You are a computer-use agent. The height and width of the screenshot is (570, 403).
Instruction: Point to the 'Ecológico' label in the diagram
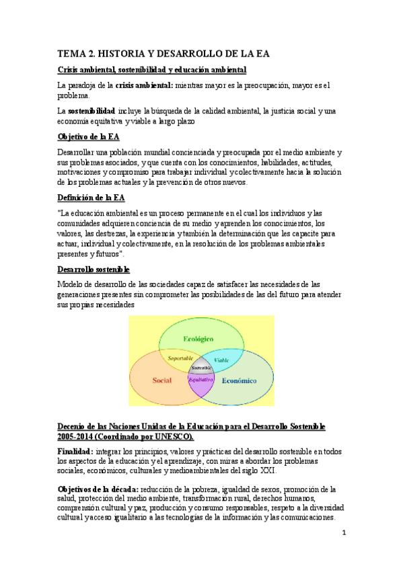tap(199, 339)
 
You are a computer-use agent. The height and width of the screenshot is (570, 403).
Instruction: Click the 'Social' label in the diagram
tap(162, 380)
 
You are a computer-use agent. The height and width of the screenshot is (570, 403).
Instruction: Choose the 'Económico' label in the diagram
tap(239, 380)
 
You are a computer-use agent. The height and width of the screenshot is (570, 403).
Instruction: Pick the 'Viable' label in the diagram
tap(221, 360)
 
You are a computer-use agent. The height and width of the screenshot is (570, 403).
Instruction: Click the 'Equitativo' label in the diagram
tap(200, 380)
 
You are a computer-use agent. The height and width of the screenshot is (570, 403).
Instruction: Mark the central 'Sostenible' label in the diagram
tap(201, 368)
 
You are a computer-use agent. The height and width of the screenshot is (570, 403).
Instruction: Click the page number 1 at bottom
tap(343, 533)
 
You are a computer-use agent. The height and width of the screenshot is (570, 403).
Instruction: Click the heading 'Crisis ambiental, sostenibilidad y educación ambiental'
tap(151, 70)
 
